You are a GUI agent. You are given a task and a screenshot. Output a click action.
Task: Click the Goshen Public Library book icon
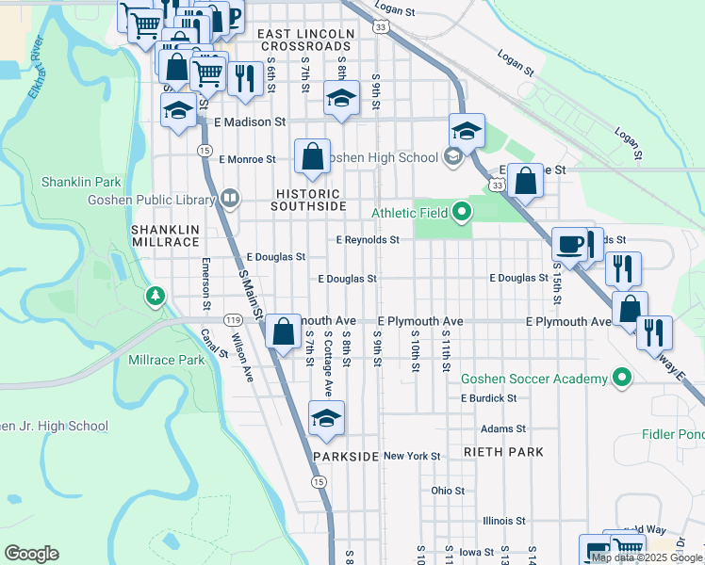click(230, 199)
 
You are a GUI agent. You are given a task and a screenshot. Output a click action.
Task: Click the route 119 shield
click(230, 321)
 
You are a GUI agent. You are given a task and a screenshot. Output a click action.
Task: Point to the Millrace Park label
click(166, 360)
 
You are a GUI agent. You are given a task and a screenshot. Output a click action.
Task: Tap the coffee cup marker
click(570, 243)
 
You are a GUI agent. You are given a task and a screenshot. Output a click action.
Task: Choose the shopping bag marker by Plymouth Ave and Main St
click(284, 331)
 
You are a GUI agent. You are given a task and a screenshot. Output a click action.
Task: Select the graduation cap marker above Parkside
click(326, 418)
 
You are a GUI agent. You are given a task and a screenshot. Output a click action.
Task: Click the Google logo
click(31, 554)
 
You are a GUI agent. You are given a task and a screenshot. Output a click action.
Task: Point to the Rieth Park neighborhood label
click(503, 452)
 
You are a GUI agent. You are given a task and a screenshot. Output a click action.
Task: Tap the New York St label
click(412, 456)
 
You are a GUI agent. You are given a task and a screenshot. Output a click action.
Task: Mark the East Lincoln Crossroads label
click(307, 40)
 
